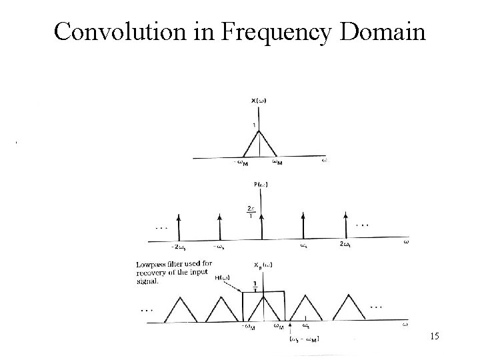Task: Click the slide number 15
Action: click(x=435, y=338)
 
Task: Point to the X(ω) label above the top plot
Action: click(x=259, y=100)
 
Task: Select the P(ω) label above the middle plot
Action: click(x=261, y=184)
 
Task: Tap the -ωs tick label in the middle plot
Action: click(x=218, y=247)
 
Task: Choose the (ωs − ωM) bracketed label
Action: click(x=304, y=340)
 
